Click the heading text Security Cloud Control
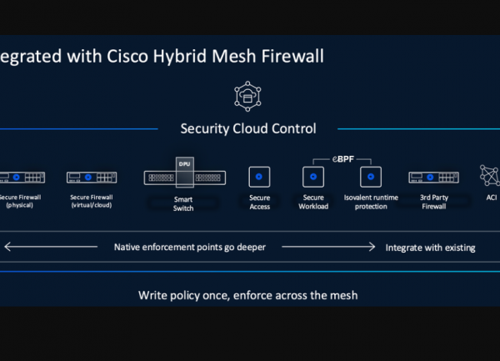248,128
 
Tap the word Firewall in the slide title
292,57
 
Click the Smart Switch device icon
183,177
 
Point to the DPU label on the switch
184,164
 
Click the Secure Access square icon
259,177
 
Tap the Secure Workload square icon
312,177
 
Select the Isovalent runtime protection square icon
370,177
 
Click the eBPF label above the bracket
342,157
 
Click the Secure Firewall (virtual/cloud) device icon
92,177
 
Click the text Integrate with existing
430,248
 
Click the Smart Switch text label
183,203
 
